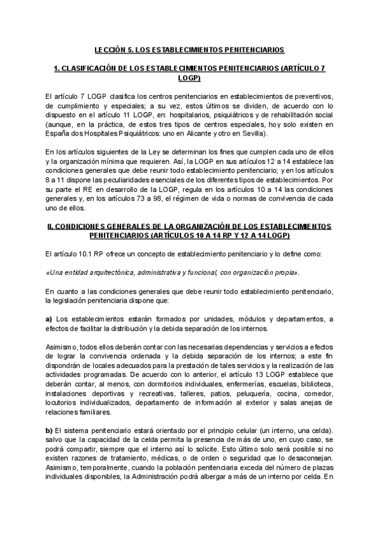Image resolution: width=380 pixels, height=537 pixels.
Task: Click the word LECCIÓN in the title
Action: click(x=110, y=49)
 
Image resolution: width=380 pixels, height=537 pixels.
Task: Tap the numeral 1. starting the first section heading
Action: click(x=56, y=68)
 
